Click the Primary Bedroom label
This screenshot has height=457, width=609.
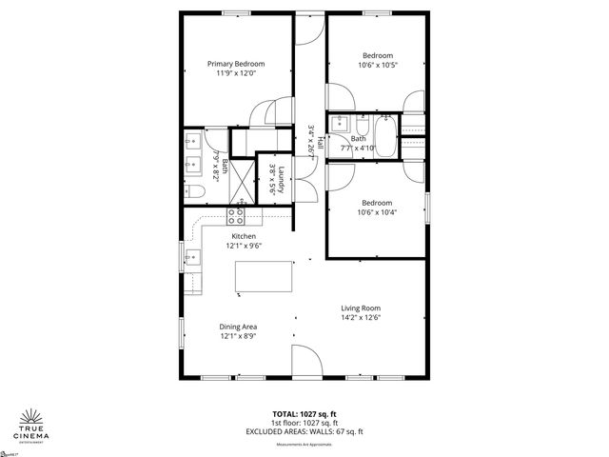click(236, 64)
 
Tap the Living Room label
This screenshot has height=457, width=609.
click(361, 308)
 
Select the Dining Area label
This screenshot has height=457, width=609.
click(239, 327)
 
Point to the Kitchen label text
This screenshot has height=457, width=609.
click(244, 235)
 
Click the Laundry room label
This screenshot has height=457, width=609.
click(283, 179)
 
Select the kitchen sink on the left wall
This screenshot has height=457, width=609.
click(191, 256)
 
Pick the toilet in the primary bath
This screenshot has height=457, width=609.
click(195, 191)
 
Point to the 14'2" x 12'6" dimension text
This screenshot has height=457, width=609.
click(361, 318)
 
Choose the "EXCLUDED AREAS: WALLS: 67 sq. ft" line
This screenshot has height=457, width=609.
click(304, 431)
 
